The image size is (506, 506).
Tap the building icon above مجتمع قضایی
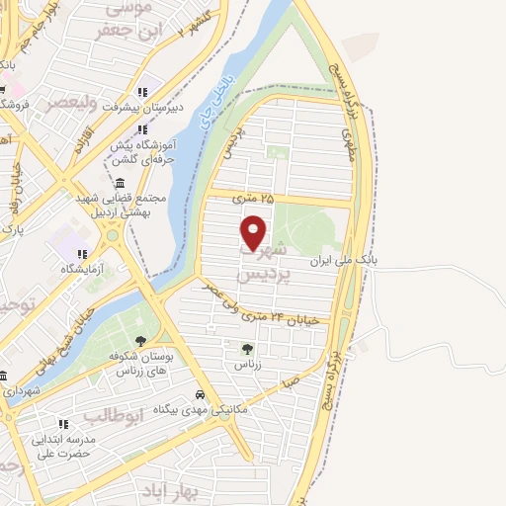121,184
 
